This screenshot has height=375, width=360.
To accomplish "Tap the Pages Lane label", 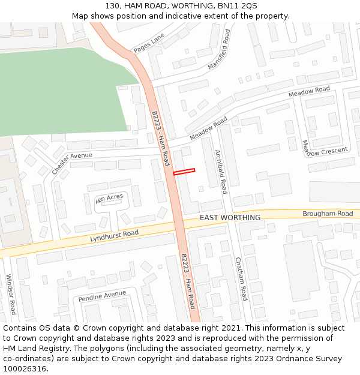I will [x=148, y=43].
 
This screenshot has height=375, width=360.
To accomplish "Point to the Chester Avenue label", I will [x=72, y=162].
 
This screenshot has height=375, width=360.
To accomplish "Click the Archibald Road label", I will [x=221, y=171].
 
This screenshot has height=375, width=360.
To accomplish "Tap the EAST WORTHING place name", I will [x=230, y=217].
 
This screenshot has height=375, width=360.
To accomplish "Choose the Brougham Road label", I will [x=328, y=214].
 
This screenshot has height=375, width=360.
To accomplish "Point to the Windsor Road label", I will [x=11, y=295].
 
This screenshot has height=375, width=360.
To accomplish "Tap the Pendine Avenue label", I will [x=103, y=296].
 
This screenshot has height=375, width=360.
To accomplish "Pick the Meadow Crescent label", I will [x=327, y=152].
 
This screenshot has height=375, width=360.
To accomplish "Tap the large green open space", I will [x=60, y=90].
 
